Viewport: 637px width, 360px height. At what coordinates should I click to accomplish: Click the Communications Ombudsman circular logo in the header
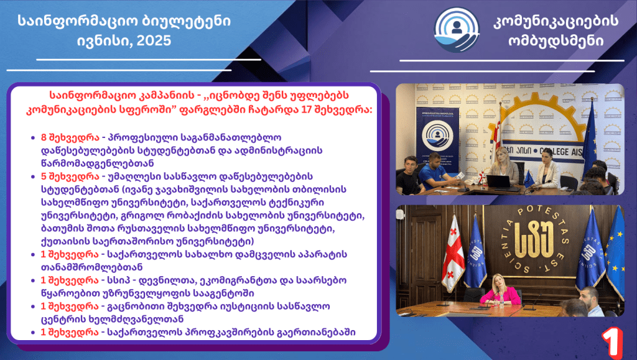[x=457, y=30]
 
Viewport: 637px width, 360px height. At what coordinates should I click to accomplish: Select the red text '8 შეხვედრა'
[x=70, y=137]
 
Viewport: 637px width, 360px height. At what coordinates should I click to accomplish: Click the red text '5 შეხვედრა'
[x=70, y=177]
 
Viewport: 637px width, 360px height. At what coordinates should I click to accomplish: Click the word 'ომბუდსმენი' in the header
[x=556, y=40]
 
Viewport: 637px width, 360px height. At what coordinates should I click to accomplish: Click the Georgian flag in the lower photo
[x=453, y=253]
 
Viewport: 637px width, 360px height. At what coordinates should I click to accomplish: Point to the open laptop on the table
[x=500, y=182]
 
